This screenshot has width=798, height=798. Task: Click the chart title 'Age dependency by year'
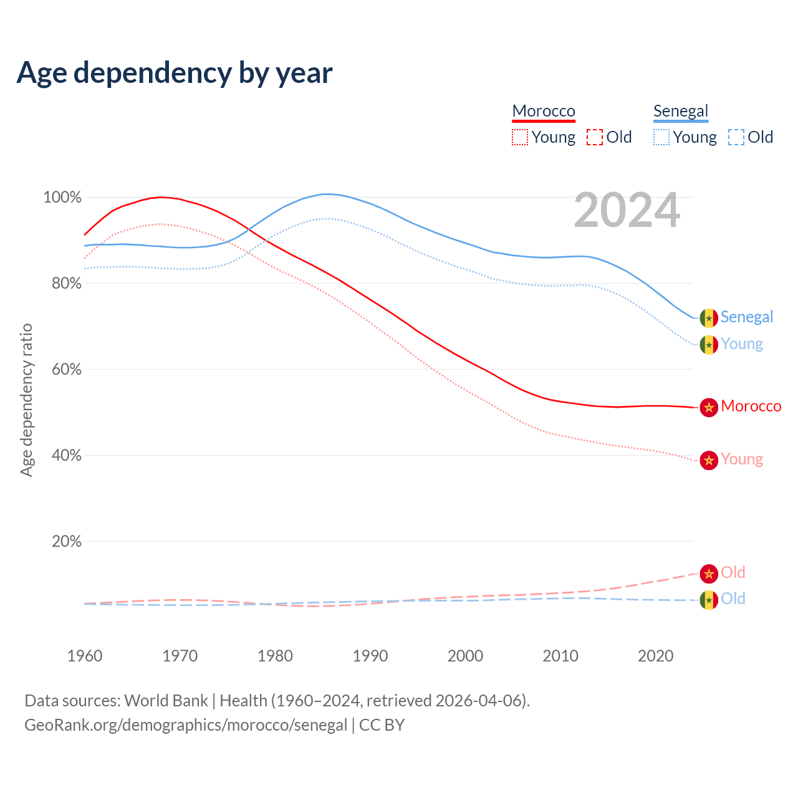(x=175, y=73)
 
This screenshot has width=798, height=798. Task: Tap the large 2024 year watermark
(x=627, y=210)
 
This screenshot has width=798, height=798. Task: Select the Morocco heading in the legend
(x=544, y=111)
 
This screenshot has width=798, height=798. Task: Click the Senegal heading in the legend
(x=681, y=111)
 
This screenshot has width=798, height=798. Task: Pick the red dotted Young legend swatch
(x=520, y=137)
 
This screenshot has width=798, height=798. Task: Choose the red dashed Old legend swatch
(x=595, y=137)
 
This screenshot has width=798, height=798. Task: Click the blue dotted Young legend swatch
(x=661, y=137)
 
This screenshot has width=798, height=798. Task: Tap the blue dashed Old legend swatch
(x=736, y=137)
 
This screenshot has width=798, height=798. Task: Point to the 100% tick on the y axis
(x=62, y=198)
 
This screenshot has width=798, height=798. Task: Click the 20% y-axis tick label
(x=67, y=541)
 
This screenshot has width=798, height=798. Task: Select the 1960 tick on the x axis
(x=85, y=656)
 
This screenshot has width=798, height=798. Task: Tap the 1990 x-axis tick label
(x=370, y=656)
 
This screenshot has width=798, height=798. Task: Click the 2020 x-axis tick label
(x=656, y=656)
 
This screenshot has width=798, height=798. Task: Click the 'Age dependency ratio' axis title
(x=26, y=400)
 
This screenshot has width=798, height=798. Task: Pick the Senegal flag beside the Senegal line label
(x=709, y=317)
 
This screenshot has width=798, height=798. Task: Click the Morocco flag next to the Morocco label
(x=709, y=408)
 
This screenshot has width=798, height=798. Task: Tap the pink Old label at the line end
(x=733, y=572)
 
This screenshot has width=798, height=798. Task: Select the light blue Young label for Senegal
(x=742, y=344)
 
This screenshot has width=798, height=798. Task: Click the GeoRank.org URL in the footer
(x=186, y=725)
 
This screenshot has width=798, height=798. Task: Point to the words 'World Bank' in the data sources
(x=166, y=701)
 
